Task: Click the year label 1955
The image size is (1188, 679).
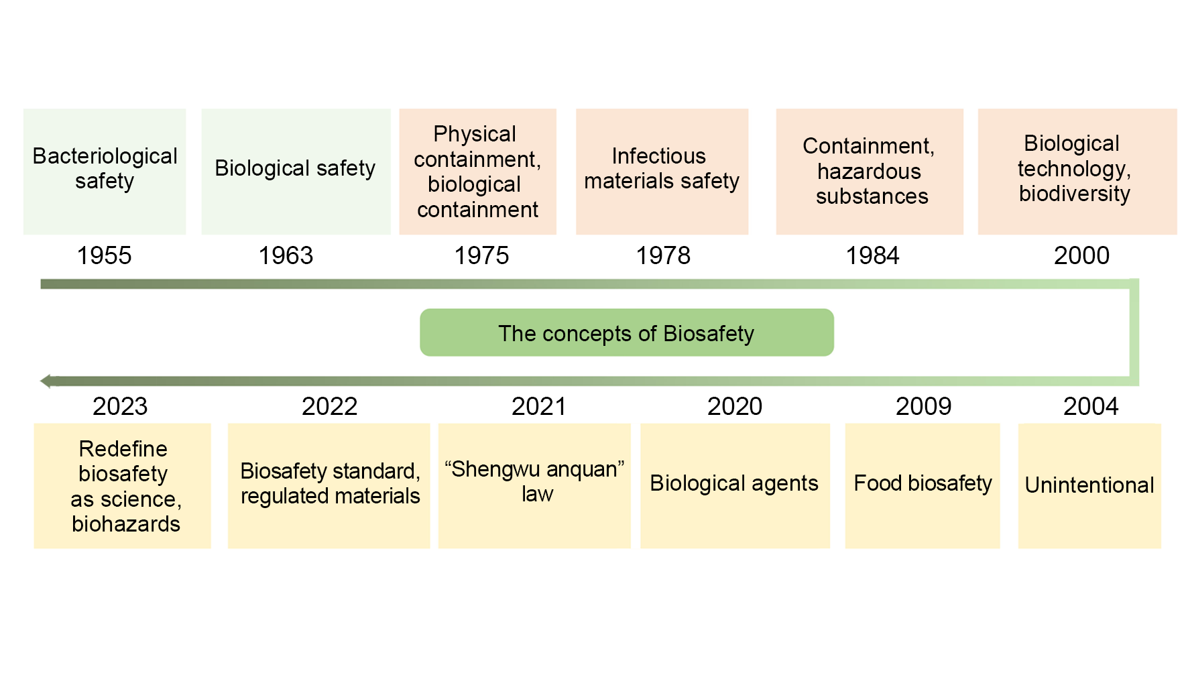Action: click(104, 255)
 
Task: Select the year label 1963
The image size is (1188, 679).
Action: click(286, 255)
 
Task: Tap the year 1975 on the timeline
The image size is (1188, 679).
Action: click(481, 255)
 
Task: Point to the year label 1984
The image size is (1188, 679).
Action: click(872, 255)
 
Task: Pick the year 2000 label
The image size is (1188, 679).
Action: click(1081, 255)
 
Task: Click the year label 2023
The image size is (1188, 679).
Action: click(120, 406)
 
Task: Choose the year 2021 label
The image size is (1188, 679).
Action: click(539, 406)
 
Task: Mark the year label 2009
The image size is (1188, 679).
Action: click(923, 406)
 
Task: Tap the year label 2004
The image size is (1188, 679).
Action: click(1091, 406)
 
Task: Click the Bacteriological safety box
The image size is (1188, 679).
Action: click(105, 172)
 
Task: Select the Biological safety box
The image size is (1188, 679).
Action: click(296, 172)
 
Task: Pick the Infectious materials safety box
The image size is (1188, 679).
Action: click(662, 172)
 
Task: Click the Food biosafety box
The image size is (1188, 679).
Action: click(923, 486)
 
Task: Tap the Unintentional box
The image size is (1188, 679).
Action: click(1089, 486)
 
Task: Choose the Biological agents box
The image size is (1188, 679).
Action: click(735, 486)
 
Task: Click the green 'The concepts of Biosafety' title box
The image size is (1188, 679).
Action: click(627, 332)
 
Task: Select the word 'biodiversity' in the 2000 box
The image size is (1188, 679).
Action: click(1075, 194)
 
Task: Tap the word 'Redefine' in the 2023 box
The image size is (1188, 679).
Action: click(123, 448)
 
